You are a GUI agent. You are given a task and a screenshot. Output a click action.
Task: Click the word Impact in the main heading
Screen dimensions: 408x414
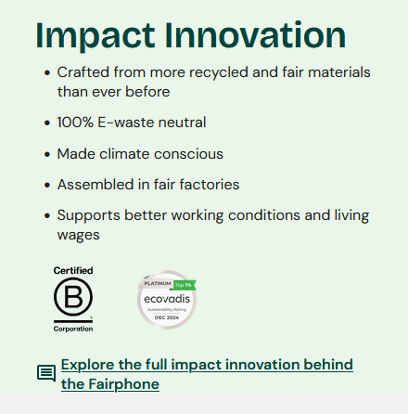(96, 35)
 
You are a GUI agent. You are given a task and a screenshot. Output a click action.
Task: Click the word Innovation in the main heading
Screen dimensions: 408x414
(255, 34)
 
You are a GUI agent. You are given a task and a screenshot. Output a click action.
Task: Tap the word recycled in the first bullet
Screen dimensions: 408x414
(219, 73)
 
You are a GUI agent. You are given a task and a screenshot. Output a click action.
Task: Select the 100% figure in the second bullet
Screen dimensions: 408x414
(75, 123)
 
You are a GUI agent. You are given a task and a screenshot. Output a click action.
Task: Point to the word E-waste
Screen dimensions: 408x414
(125, 123)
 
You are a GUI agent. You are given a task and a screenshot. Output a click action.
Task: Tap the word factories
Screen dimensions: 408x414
(210, 185)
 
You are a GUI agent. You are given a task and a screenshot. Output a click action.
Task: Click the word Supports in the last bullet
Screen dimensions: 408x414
(88, 216)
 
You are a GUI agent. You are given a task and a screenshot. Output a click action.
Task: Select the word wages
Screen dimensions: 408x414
(79, 236)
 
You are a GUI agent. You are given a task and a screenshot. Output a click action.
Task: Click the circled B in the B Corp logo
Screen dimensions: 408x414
(73, 296)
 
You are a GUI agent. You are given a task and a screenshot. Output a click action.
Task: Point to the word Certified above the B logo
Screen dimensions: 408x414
(73, 270)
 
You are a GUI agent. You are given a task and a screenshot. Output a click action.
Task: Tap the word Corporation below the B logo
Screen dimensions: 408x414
(73, 329)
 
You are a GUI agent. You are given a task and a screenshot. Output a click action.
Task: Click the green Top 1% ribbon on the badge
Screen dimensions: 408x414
(185, 285)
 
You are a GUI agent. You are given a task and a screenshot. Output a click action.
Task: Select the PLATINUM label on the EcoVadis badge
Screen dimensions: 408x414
(158, 283)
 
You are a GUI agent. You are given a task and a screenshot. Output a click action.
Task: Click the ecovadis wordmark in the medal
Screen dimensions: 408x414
(167, 299)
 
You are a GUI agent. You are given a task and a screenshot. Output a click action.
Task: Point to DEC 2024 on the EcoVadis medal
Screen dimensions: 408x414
(167, 317)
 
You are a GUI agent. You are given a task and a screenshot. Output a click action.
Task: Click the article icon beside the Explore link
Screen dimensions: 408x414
(46, 373)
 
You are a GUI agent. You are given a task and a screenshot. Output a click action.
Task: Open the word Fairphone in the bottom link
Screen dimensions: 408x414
(123, 384)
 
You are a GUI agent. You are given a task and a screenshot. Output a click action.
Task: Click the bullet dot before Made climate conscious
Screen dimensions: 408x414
(47, 154)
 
